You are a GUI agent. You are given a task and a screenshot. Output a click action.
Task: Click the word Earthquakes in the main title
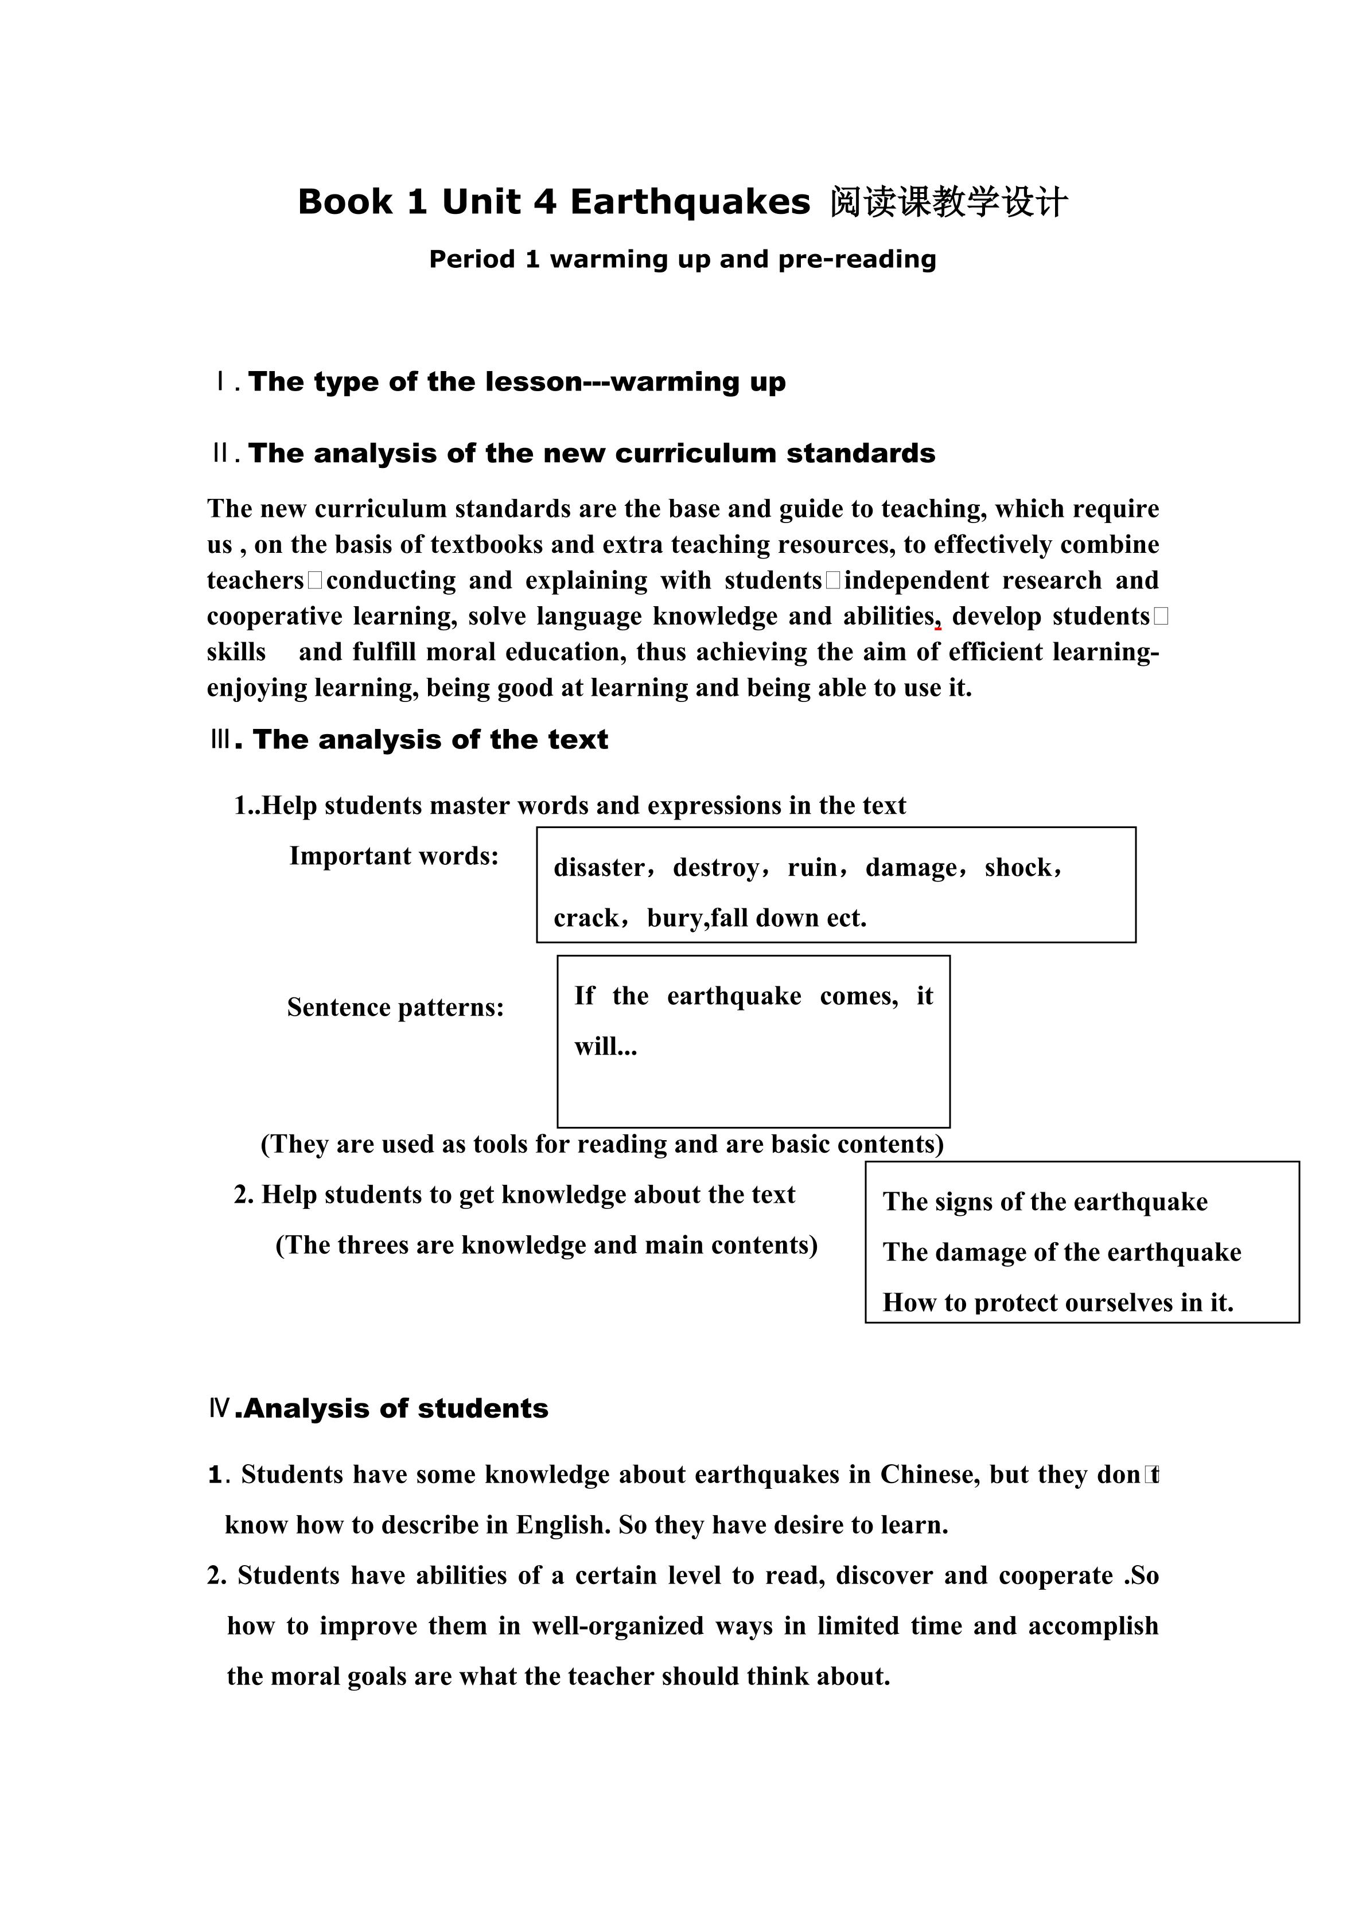tap(690, 202)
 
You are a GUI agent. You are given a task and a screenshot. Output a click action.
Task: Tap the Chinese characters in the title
tap(949, 202)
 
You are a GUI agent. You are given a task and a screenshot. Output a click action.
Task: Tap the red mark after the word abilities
tap(938, 627)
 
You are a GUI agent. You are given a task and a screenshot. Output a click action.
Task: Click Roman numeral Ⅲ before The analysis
tap(220, 740)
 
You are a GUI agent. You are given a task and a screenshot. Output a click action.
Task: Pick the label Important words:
tap(394, 856)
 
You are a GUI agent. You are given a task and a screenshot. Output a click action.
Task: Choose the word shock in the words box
tap(1018, 868)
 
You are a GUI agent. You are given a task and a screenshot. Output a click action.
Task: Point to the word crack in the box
tap(585, 918)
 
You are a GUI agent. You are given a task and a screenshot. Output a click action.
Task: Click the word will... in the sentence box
tap(606, 1047)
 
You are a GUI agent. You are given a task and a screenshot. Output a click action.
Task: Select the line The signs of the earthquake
tap(1045, 1202)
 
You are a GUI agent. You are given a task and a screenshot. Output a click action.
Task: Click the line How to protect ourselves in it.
tap(1057, 1303)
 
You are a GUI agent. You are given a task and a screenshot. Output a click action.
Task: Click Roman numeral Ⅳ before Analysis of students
tap(220, 1409)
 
